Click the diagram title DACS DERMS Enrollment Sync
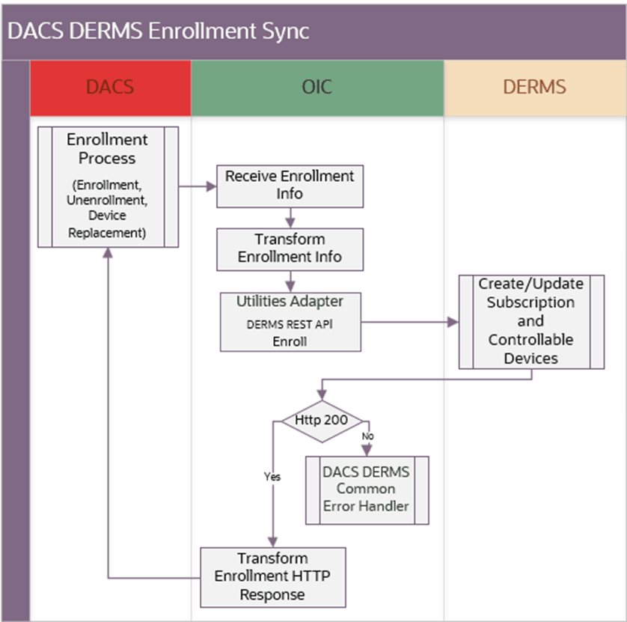click(x=158, y=31)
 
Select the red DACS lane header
click(x=110, y=87)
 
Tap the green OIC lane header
click(x=316, y=87)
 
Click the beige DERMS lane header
click(x=534, y=87)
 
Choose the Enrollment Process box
click(x=108, y=186)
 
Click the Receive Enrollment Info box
click(x=290, y=185)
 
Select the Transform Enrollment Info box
click(x=290, y=249)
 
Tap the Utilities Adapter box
click(x=290, y=321)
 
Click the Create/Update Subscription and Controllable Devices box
click(x=530, y=321)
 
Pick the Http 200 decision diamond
click(x=321, y=420)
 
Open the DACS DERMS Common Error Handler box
click(x=366, y=489)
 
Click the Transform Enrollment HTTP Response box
click(x=272, y=576)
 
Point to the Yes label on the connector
click(x=272, y=475)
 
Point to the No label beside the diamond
click(x=367, y=436)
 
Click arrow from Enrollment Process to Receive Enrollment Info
click(x=197, y=186)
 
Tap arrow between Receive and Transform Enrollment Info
click(x=290, y=218)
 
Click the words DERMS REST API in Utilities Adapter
click(x=290, y=326)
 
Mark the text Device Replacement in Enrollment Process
click(x=108, y=223)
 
